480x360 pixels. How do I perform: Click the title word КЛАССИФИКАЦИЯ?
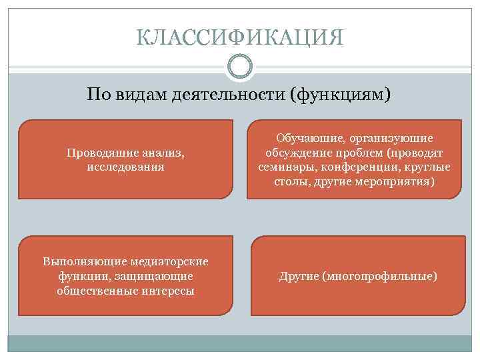pos(240,37)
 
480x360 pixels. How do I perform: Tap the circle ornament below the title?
pos(240,67)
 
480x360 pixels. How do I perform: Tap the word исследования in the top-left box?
pos(125,167)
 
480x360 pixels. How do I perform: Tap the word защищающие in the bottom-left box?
pos(161,275)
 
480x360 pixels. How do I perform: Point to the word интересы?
pos(169,290)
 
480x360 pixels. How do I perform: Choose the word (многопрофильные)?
pos(379,275)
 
